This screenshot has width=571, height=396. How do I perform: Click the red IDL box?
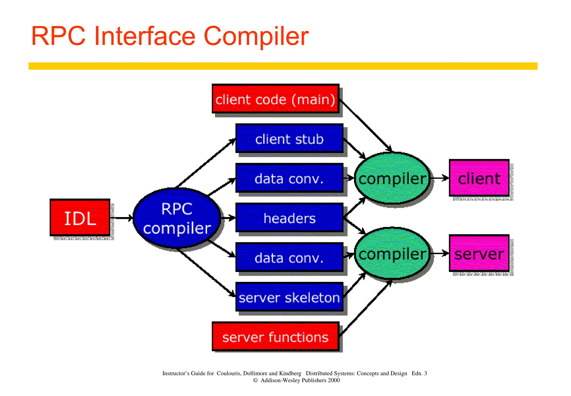[80, 218]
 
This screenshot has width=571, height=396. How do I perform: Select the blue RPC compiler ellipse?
[177, 218]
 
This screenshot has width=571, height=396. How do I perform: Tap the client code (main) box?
[275, 99]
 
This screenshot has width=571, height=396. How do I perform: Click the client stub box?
[289, 139]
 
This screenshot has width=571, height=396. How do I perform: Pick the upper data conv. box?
[289, 178]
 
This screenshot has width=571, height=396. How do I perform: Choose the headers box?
[289, 218]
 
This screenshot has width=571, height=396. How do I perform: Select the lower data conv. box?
[289, 257]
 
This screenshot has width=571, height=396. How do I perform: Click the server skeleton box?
[289, 297]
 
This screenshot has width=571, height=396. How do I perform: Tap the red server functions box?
[275, 337]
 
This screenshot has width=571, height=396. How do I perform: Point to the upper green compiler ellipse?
[392, 178]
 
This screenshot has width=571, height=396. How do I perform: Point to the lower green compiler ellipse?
[392, 254]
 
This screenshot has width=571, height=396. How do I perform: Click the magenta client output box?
[479, 178]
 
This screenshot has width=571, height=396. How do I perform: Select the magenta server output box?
[479, 254]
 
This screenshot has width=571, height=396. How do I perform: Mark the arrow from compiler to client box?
[440, 178]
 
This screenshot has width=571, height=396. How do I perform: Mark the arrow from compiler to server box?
[440, 253]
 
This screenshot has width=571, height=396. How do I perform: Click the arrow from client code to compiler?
[365, 126]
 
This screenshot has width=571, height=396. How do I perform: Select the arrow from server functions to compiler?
[365, 308]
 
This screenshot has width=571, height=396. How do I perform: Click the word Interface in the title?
[145, 36]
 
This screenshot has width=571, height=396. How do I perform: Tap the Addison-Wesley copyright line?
[296, 380]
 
